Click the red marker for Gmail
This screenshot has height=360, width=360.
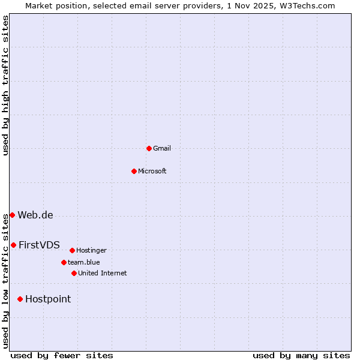pyautogui.click(x=149, y=148)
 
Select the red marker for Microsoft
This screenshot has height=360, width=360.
pyautogui.click(x=134, y=171)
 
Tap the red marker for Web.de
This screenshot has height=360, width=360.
pyautogui.click(x=12, y=215)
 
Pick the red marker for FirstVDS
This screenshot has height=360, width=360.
pyautogui.click(x=13, y=245)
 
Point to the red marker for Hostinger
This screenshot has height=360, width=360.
pyautogui.click(x=72, y=250)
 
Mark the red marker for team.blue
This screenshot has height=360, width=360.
pyautogui.click(x=64, y=262)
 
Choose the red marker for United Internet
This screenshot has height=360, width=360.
pyautogui.click(x=74, y=273)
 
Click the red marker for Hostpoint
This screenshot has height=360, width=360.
pyautogui.click(x=20, y=299)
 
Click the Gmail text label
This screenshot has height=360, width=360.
pyautogui.click(x=162, y=148)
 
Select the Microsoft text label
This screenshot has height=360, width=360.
pyautogui.click(x=152, y=171)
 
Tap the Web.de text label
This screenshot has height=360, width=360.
pyautogui.click(x=35, y=215)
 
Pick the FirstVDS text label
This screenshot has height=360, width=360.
pyautogui.click(x=39, y=245)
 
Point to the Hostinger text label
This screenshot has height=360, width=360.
pyautogui.click(x=91, y=250)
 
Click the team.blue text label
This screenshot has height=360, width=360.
pyautogui.click(x=84, y=262)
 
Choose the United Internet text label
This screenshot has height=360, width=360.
pyautogui.click(x=103, y=273)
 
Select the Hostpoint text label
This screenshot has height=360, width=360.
pyautogui.click(x=48, y=299)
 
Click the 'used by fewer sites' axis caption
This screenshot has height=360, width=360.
pyautogui.click(x=62, y=355)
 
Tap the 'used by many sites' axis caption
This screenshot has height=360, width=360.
pyautogui.click(x=301, y=355)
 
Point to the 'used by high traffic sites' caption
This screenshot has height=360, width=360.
pyautogui.click(x=5, y=85)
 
